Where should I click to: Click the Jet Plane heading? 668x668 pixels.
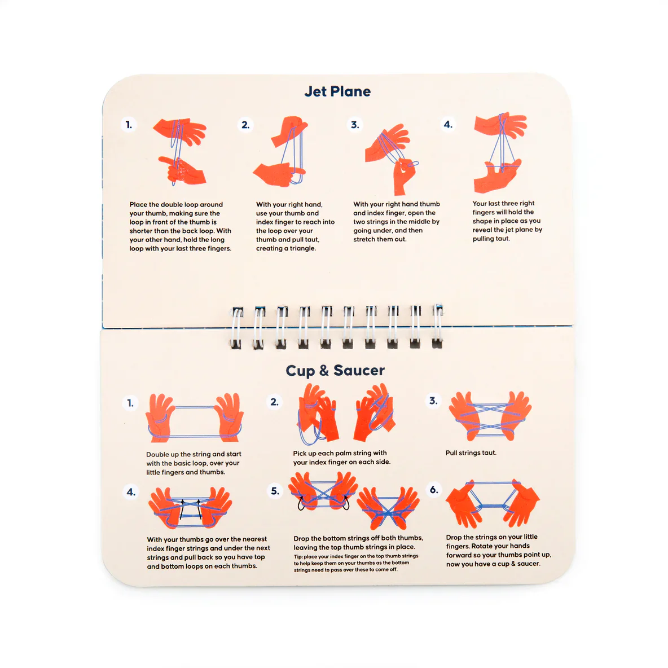pyautogui.click(x=337, y=91)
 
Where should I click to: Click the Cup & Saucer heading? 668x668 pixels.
pyautogui.click(x=335, y=371)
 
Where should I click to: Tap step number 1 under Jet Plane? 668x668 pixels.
pyautogui.click(x=129, y=125)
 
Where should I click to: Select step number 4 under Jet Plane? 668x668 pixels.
pyautogui.click(x=448, y=124)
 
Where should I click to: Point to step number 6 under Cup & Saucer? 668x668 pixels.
pyautogui.click(x=434, y=490)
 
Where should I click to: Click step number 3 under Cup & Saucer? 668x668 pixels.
pyautogui.click(x=433, y=401)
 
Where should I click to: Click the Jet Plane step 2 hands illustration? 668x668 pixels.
pyautogui.click(x=280, y=151)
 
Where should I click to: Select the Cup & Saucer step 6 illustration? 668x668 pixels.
pyautogui.click(x=493, y=503)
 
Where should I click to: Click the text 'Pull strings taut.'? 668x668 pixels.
pyautogui.click(x=471, y=453)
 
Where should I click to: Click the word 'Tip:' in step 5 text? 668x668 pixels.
pyautogui.click(x=298, y=556)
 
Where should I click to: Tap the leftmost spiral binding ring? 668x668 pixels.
pyautogui.click(x=236, y=328)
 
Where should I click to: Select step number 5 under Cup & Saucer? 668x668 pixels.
pyautogui.click(x=275, y=491)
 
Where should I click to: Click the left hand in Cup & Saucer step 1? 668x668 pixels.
pyautogui.click(x=160, y=417)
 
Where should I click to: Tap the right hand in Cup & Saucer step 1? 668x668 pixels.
pyautogui.click(x=229, y=417)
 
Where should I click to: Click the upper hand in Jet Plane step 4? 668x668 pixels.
pyautogui.click(x=500, y=125)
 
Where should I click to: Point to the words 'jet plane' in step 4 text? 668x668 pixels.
pyautogui.click(x=516, y=230)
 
